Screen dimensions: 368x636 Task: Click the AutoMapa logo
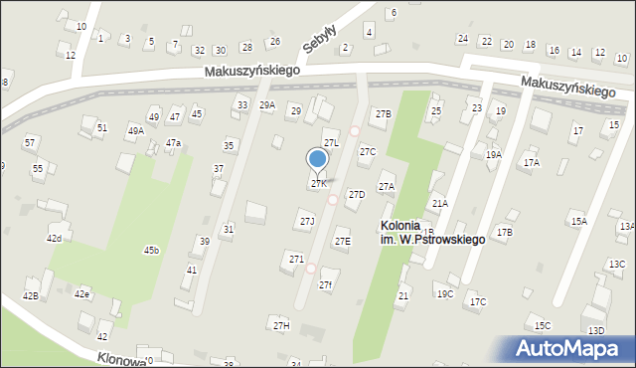coord(571,349)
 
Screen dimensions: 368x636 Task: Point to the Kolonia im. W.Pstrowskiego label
coord(432,233)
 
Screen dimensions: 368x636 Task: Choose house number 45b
coord(151,250)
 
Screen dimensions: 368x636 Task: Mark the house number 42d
coord(54,239)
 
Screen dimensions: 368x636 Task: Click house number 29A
coord(267,104)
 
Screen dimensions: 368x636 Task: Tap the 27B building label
coord(383,113)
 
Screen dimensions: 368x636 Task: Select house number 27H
coord(281,325)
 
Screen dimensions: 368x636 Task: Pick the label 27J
coord(307,221)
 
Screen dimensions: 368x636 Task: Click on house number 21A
coord(439,203)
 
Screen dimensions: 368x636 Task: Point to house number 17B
coord(505,232)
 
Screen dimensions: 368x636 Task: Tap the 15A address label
coord(578,221)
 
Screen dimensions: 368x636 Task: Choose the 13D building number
coord(595,330)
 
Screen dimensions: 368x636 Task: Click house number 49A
coord(135,130)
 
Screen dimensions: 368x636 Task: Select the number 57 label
coord(30,142)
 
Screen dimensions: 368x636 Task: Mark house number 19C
coord(444,293)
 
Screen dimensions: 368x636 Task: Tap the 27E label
coord(342,241)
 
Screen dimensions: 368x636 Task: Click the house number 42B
coord(30,296)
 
